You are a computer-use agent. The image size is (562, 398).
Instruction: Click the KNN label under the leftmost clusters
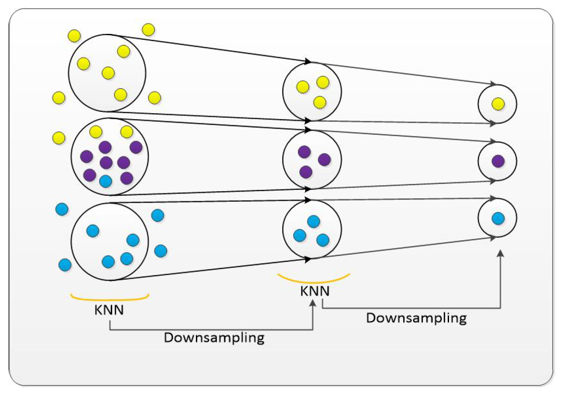tap(109, 310)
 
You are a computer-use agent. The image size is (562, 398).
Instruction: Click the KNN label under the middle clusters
tap(314, 291)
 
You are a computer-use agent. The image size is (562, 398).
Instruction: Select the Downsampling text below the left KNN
tap(214, 338)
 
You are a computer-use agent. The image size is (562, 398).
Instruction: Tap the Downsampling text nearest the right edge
tap(416, 317)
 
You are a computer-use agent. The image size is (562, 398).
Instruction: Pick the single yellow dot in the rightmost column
tap(498, 103)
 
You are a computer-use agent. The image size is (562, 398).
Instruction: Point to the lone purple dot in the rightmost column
tap(498, 161)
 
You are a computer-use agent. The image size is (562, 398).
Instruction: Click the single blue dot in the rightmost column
tap(498, 218)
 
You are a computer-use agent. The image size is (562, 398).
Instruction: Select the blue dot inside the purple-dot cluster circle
tap(105, 181)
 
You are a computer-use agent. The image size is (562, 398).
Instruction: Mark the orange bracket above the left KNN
tap(110, 298)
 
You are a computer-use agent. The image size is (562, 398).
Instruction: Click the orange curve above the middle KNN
tap(314, 280)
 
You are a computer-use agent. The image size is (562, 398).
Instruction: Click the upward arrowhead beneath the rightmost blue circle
tap(501, 253)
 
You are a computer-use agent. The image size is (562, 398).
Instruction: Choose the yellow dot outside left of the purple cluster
tap(58, 138)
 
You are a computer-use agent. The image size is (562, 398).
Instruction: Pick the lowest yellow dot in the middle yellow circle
tap(320, 102)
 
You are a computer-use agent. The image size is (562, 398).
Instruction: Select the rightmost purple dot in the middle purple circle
tap(324, 159)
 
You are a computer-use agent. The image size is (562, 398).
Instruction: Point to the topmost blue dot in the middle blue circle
tap(313, 221)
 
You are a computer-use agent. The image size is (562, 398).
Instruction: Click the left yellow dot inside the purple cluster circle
tap(96, 132)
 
